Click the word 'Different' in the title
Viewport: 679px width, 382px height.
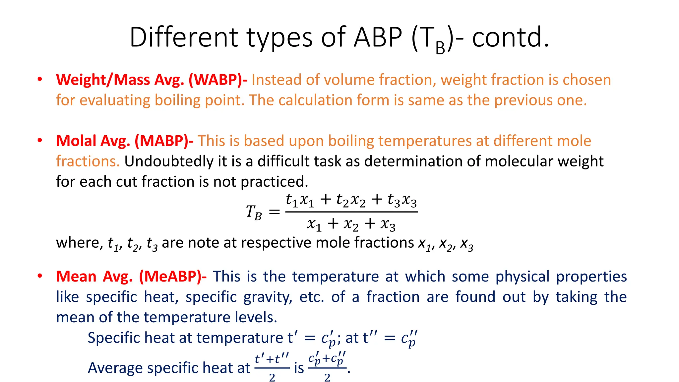click(183, 37)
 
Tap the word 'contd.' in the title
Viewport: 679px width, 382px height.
click(510, 37)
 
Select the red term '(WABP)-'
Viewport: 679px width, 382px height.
click(218, 80)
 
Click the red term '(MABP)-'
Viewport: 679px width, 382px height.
click(164, 141)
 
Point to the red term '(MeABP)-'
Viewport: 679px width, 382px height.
click(173, 277)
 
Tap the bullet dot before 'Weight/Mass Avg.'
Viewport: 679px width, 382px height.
click(40, 79)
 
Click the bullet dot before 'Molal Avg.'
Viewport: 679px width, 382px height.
click(40, 140)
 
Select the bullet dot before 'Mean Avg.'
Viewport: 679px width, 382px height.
click(40, 276)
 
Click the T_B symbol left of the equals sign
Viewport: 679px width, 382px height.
click(254, 212)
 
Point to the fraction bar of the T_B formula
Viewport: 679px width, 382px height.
click(351, 212)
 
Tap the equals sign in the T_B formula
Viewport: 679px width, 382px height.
click(274, 212)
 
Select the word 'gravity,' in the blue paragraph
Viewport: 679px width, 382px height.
click(268, 297)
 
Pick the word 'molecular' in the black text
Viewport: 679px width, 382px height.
click(519, 161)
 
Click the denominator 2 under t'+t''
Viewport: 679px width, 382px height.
click(272, 377)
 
